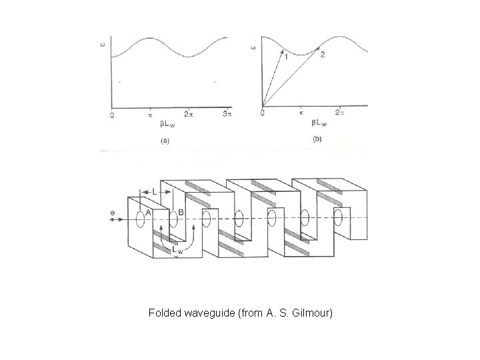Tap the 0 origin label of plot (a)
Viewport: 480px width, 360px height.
click(111, 115)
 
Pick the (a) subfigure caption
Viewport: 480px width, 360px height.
click(165, 141)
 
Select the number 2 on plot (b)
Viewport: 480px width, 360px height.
click(323, 54)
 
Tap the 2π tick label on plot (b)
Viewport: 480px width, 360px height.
click(341, 113)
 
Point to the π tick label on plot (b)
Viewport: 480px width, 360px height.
click(301, 113)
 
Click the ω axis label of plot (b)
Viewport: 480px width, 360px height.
click(253, 47)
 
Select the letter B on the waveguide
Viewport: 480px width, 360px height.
click(181, 213)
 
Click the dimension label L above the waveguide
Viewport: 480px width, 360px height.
click(155, 192)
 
